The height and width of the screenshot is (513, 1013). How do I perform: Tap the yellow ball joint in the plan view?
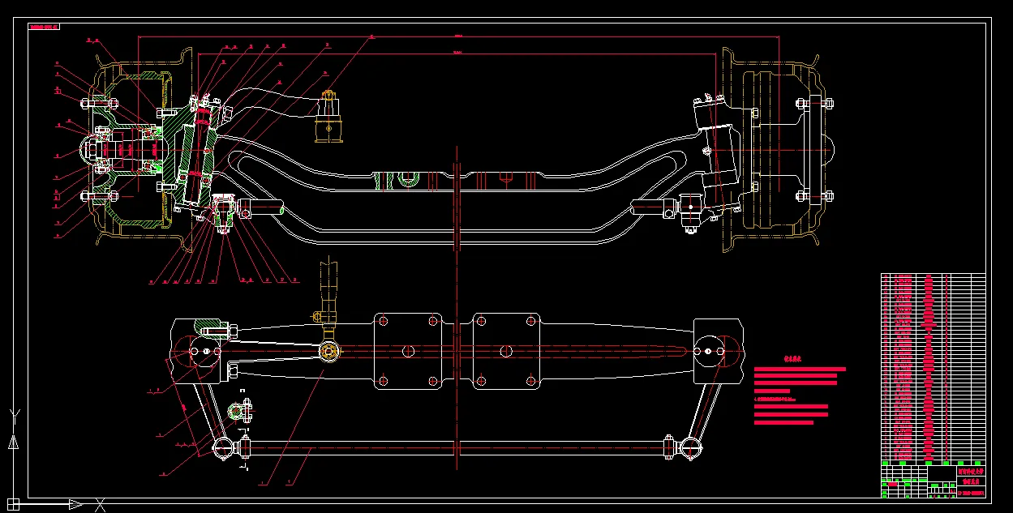[328, 352]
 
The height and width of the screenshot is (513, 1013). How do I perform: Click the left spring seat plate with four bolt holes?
[408, 351]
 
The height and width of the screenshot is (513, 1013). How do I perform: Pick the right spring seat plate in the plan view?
[506, 351]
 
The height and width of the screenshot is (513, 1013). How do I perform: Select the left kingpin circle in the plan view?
[195, 351]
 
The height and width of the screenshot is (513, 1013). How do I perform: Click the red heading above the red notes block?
[792, 357]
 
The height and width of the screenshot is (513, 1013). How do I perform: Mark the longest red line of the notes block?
[800, 369]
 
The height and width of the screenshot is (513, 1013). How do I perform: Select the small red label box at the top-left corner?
[45, 27]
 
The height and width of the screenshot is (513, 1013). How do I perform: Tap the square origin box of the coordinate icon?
[13, 504]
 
